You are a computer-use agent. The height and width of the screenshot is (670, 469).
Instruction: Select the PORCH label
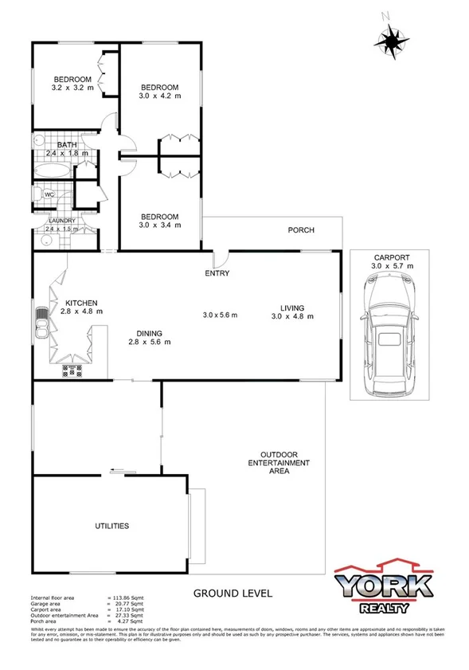coord(301,230)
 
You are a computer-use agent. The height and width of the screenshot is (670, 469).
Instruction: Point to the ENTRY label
coord(217,273)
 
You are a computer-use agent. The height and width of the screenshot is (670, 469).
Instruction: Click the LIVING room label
coord(292,308)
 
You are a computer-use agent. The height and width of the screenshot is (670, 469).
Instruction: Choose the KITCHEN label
coord(81,303)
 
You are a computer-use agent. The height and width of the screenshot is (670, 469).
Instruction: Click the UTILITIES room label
coord(112,526)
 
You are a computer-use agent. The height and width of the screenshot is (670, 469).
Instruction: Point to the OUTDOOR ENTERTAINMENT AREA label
coord(279,462)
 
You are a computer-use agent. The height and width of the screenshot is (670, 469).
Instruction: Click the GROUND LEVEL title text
coord(233,594)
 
